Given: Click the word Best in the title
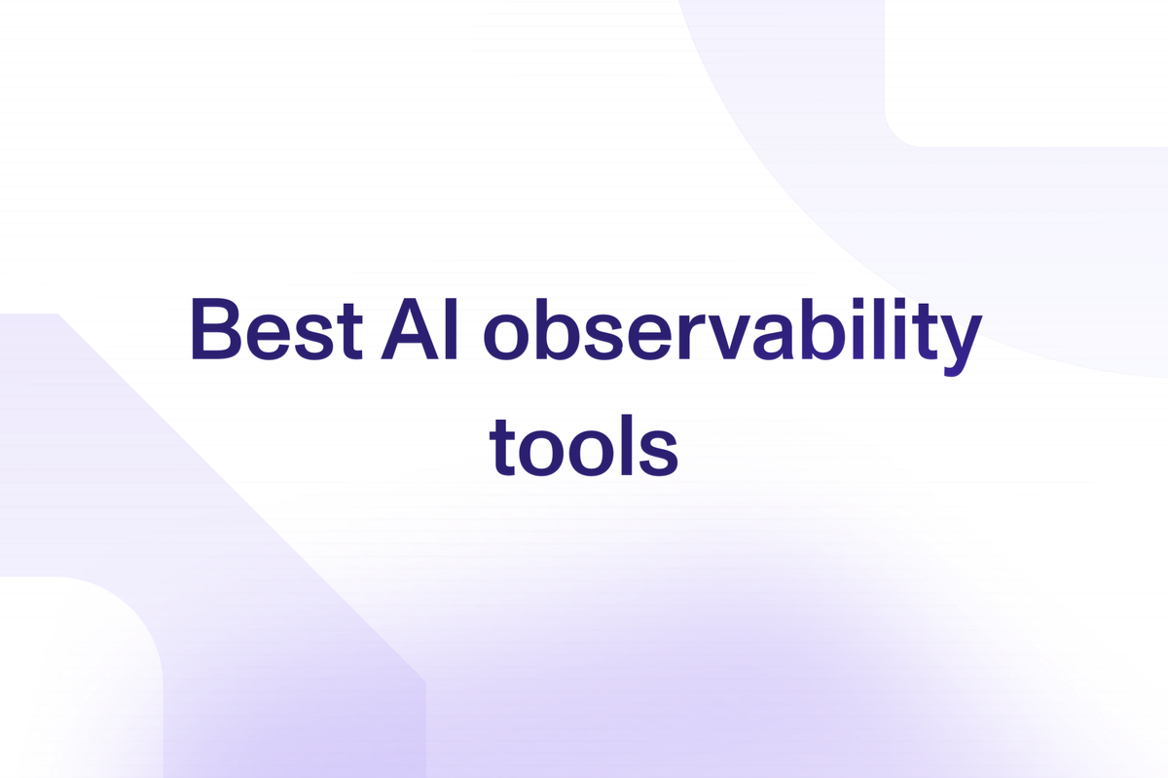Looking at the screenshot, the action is pyautogui.click(x=276, y=329).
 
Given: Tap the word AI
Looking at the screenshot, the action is pyautogui.click(x=420, y=329).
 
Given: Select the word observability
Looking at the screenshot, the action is pyautogui.click(x=733, y=337).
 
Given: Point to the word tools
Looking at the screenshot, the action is pyautogui.click(x=584, y=445).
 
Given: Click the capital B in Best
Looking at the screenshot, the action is pyautogui.click(x=216, y=329).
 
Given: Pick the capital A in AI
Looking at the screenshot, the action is pyautogui.click(x=410, y=329).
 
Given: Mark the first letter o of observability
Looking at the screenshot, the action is pyautogui.click(x=506, y=338).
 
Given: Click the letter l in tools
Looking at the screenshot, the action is pyautogui.click(x=626, y=445).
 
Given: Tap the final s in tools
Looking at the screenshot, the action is pyautogui.click(x=659, y=454).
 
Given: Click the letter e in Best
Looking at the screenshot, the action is pyautogui.click(x=272, y=338).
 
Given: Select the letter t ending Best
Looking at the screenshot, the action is pyautogui.click(x=349, y=331).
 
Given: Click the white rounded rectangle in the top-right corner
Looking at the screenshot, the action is pyautogui.click(x=1026, y=73).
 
